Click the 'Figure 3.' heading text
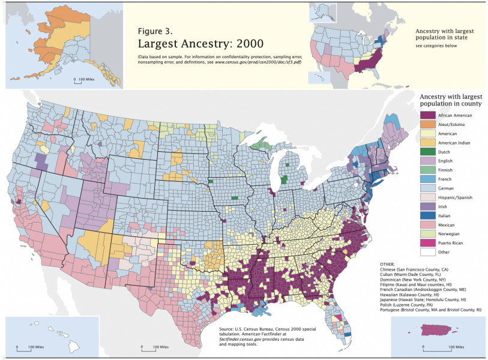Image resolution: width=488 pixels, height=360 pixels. tap(155, 31)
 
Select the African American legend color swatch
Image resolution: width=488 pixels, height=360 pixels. tap(427, 115)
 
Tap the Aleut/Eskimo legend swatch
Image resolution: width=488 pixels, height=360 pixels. tap(427, 124)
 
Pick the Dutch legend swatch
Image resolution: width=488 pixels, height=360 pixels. tap(427, 152)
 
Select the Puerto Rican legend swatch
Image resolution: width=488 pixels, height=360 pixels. tap(427, 243)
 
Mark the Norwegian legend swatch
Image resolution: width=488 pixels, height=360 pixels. tap(427, 234)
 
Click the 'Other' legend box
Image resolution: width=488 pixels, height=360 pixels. tap(427, 252)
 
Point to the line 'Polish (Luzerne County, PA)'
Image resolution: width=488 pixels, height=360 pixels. tap(411, 304)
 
